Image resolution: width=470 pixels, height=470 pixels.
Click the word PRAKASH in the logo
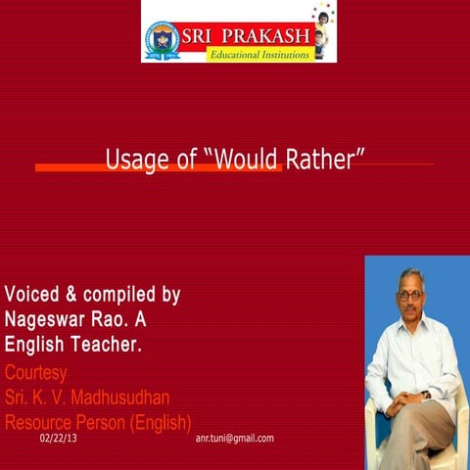(266, 37)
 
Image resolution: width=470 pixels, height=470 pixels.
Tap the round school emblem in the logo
(161, 41)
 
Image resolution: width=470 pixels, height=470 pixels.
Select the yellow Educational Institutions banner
(259, 55)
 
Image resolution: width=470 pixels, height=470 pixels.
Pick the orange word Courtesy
(36, 372)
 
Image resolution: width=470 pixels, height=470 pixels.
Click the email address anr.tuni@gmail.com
(235, 439)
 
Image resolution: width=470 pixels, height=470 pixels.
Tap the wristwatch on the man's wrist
(425, 395)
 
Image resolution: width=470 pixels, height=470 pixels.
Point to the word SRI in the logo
(196, 37)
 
